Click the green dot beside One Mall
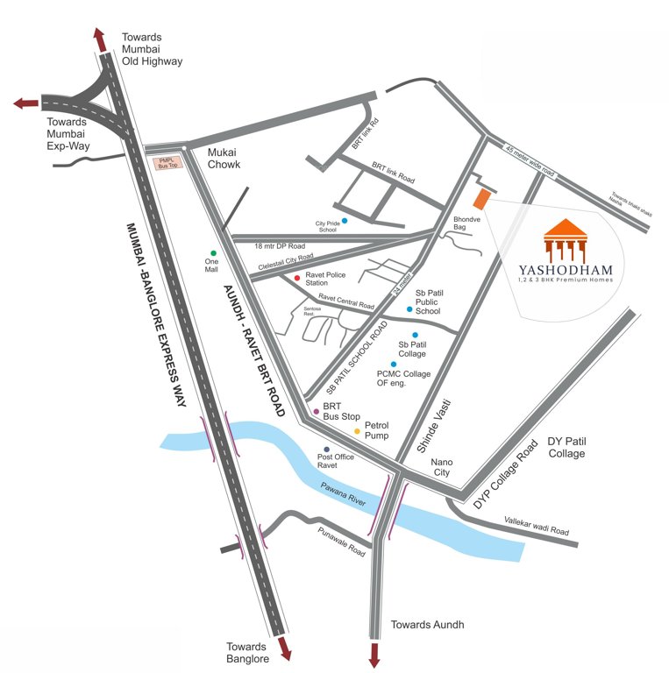[213, 253]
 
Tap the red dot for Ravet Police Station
[297, 278]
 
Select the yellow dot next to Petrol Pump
[357, 431]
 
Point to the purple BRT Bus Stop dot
[317, 411]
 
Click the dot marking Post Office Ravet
[327, 450]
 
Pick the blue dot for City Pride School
[345, 220]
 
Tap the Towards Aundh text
[427, 625]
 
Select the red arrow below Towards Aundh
[375, 654]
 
